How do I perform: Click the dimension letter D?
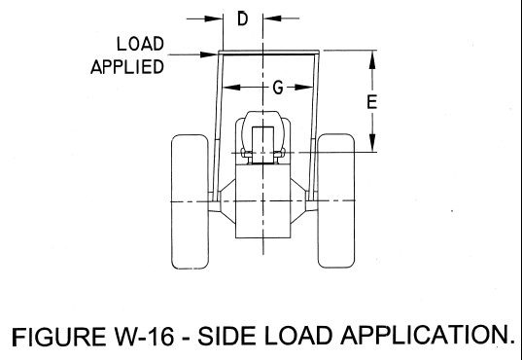pyautogui.click(x=242, y=18)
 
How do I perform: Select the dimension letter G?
pyautogui.click(x=278, y=88)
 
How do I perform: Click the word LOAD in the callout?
pyautogui.click(x=141, y=45)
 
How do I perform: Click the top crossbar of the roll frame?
pyautogui.click(x=268, y=51)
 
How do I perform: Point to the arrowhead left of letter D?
pyautogui.click(x=215, y=18)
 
